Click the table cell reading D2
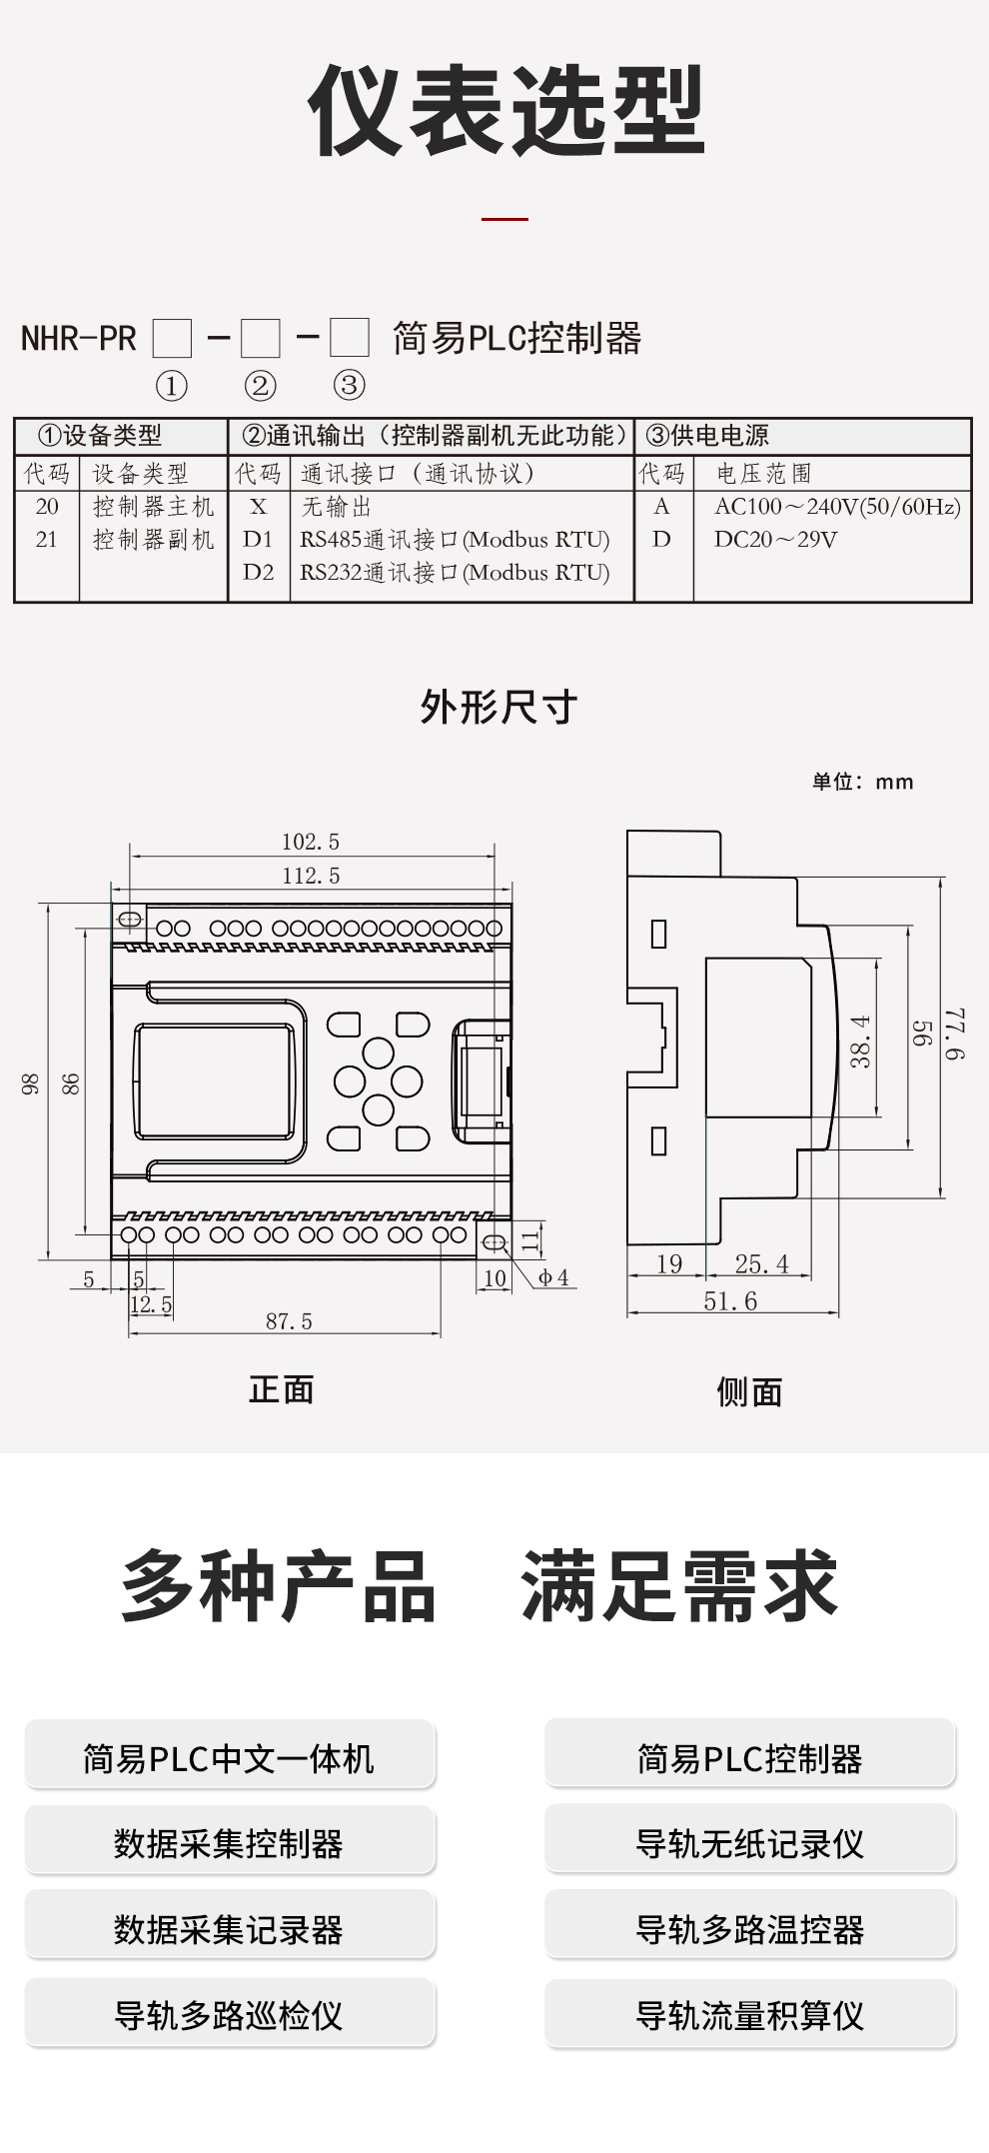pyautogui.click(x=258, y=572)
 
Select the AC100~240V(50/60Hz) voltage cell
pyautogui.click(x=837, y=506)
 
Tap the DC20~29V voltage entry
pyautogui.click(x=775, y=539)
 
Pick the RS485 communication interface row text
pyautogui.click(x=455, y=539)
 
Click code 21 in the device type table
pyautogui.click(x=47, y=539)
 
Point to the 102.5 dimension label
pyautogui.click(x=311, y=842)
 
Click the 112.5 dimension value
pyautogui.click(x=311, y=876)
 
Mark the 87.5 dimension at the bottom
pyautogui.click(x=289, y=1321)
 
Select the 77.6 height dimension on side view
pyautogui.click(x=956, y=1035)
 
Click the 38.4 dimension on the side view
pyautogui.click(x=861, y=1042)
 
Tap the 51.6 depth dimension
pyautogui.click(x=730, y=1301)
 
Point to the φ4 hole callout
pyautogui.click(x=553, y=1277)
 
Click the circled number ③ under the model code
pyautogui.click(x=349, y=385)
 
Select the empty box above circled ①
pyautogui.click(x=172, y=339)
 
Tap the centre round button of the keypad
pyautogui.click(x=378, y=1080)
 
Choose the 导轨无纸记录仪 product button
pyautogui.click(x=750, y=1843)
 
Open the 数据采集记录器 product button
pyautogui.click(x=229, y=1929)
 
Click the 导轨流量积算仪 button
pyautogui.click(x=750, y=2015)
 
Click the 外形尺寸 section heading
pyautogui.click(x=498, y=707)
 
